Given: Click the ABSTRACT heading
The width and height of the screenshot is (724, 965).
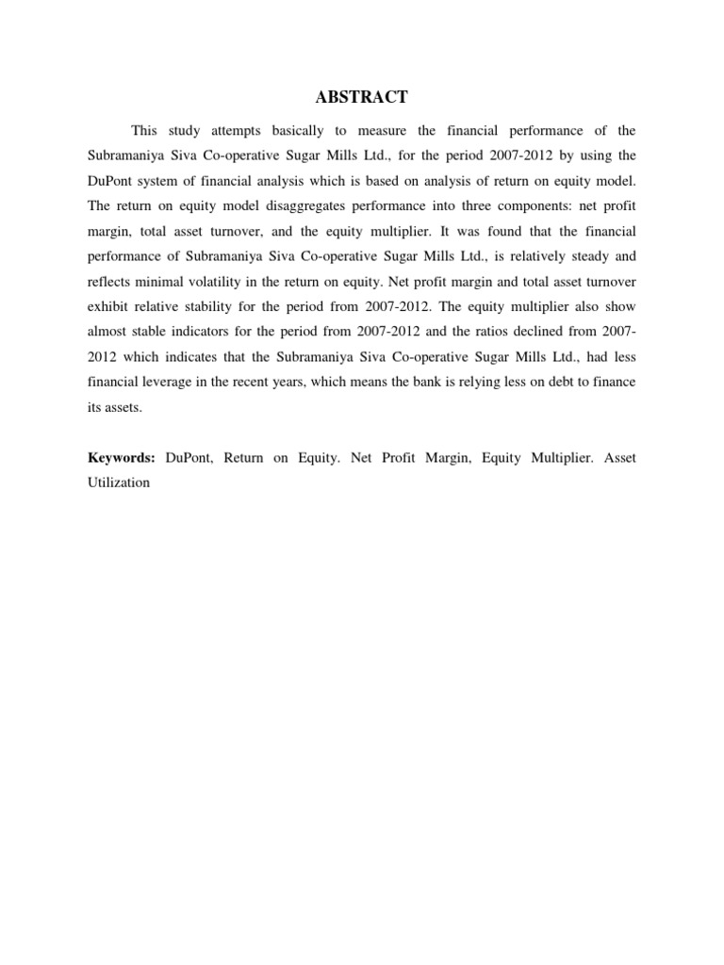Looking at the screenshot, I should pos(362,97).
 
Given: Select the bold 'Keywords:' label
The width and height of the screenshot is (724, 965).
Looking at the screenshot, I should pos(122,457).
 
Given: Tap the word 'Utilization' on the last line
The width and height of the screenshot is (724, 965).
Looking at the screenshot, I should pos(120,482).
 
